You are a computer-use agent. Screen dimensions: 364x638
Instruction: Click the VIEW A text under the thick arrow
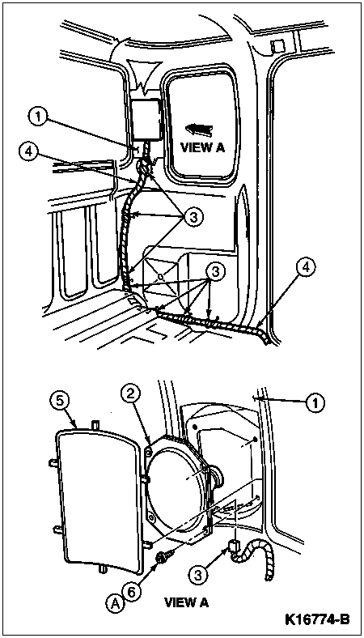[202, 147]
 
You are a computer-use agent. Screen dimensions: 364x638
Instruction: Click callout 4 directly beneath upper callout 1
[28, 151]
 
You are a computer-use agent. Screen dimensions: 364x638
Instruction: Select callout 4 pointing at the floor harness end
[306, 269]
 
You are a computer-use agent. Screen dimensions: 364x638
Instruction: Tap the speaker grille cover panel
[100, 498]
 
